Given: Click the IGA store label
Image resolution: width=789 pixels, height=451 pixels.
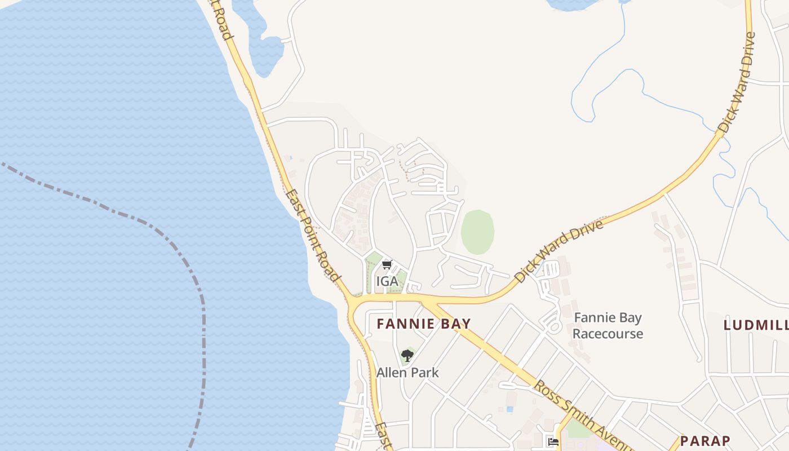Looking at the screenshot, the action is [x=387, y=281].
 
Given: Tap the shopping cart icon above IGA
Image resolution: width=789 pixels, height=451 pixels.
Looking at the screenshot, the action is [x=387, y=264].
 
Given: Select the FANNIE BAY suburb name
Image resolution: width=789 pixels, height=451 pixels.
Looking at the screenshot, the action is [x=423, y=324].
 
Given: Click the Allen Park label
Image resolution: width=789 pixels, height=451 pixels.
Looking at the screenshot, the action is [x=407, y=373].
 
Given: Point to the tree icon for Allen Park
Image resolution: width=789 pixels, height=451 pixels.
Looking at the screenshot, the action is [x=407, y=356].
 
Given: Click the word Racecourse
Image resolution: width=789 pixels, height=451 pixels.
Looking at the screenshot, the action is [x=608, y=334].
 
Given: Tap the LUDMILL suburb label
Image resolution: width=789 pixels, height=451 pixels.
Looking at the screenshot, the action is [x=756, y=325].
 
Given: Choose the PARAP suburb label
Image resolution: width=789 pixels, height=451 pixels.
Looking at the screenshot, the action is [x=705, y=441].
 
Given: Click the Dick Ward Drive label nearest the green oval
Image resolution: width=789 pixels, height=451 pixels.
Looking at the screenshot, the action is [x=559, y=251].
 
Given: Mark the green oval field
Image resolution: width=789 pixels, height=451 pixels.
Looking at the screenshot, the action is [x=477, y=232].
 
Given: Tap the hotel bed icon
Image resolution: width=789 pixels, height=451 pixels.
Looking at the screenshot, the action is [x=553, y=442].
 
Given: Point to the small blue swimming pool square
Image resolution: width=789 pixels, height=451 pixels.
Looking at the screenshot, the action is [x=509, y=409].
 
